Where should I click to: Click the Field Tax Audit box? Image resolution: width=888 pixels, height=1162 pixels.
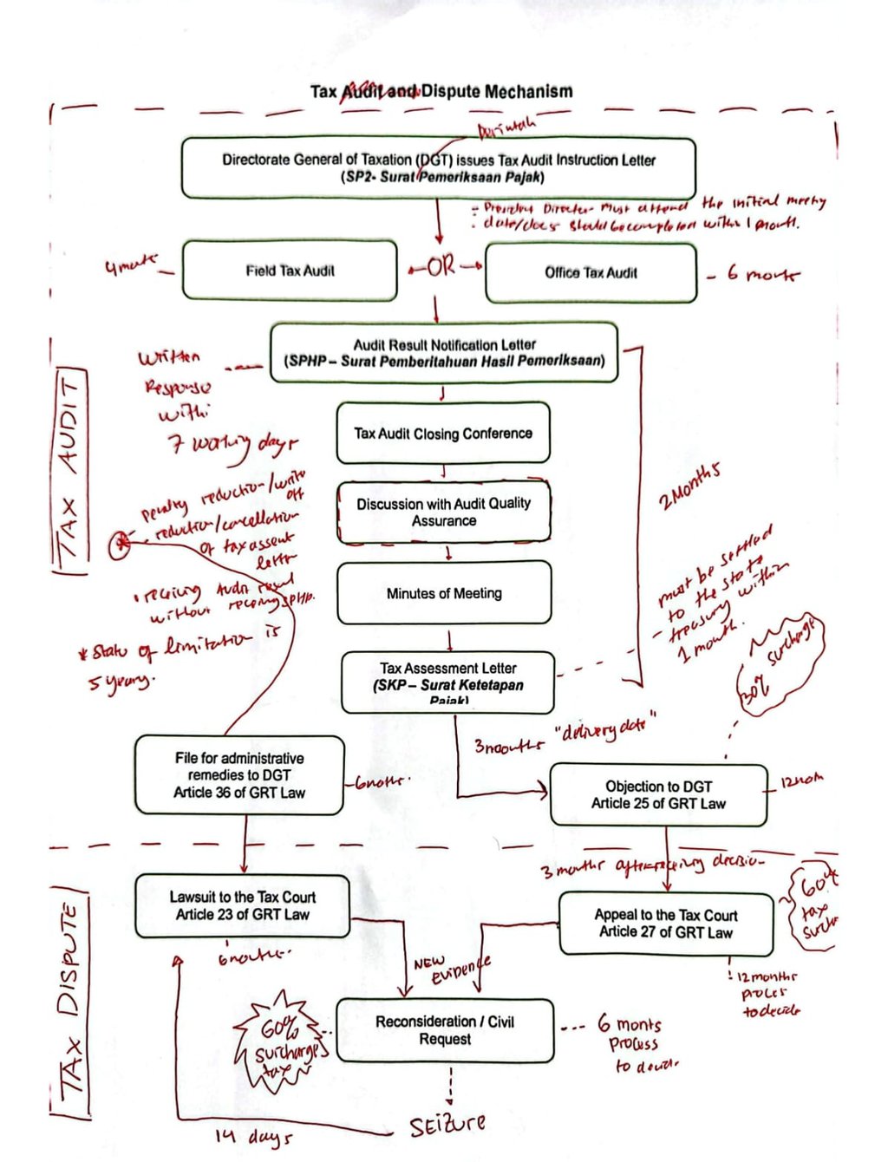pos(290,271)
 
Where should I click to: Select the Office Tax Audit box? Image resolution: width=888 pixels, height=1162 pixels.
pos(591,272)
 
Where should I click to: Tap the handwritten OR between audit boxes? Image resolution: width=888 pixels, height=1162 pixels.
pos(441,266)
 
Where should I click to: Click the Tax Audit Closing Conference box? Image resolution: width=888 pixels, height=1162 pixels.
pos(443,433)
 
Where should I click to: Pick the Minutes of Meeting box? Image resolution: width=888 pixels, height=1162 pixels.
pos(444,593)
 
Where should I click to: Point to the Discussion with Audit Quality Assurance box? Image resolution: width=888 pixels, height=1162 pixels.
pos(444,512)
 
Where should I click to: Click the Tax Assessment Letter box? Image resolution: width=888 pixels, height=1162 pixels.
pos(448,682)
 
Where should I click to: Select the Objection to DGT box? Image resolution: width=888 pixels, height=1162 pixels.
pos(658,794)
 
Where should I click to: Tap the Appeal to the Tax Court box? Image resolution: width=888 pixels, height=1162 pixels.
pos(665,924)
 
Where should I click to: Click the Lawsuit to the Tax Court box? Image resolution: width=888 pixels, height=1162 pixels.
pos(242,906)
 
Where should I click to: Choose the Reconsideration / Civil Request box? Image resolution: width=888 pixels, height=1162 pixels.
pos(444,1030)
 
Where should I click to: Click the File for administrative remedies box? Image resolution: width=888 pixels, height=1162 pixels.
pos(239,774)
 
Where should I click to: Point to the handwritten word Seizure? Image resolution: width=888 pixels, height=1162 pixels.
pos(447,1126)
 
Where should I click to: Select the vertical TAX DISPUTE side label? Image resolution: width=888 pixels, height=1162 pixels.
pos(70,1006)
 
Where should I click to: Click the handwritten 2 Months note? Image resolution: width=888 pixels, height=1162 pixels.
pos(689,488)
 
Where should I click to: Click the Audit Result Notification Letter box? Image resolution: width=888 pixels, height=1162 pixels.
pos(444,353)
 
